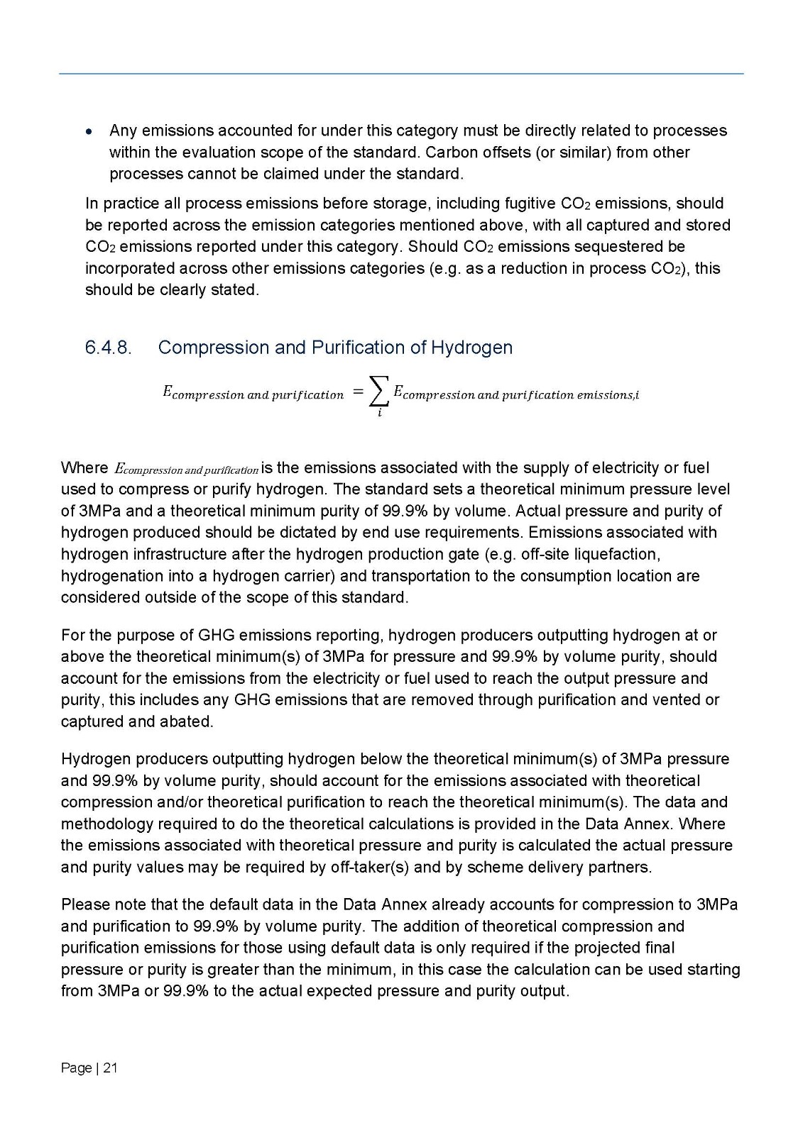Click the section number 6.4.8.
[108, 348]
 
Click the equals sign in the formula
[359, 392]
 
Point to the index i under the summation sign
[379, 413]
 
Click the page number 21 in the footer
[110, 1068]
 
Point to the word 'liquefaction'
[618, 554]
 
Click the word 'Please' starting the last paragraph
[84, 905]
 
